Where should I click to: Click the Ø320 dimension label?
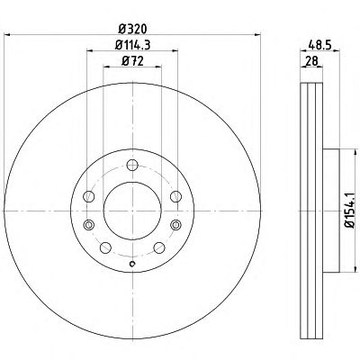point(132,29)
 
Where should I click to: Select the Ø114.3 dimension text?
point(132,45)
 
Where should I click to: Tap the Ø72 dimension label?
point(132,61)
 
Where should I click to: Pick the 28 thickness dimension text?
point(311,61)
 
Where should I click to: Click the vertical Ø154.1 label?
point(351,211)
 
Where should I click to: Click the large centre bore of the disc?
point(132,211)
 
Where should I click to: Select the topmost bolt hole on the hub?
point(132,165)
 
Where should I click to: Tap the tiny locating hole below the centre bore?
point(132,264)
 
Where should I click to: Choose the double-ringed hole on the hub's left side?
point(89,225)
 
